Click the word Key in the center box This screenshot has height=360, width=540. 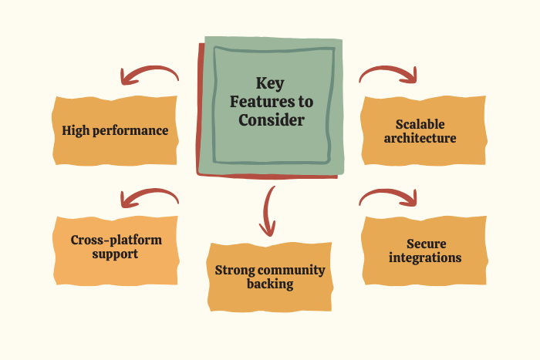tap(270, 83)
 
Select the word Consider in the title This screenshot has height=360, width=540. tap(271, 120)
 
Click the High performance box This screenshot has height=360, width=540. tap(115, 130)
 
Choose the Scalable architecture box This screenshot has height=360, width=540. tap(424, 131)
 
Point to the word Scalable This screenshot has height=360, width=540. tap(420, 123)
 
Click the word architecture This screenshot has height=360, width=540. tap(420, 139)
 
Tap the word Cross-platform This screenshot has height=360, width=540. tap(116, 239)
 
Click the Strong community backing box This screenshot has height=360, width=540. tap(270, 277)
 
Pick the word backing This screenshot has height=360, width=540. tap(270, 284)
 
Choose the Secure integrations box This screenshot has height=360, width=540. tap(424, 251)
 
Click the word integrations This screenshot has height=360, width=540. tap(424, 257)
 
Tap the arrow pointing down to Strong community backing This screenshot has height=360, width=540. tap(268, 210)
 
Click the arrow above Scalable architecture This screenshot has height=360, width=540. tap(389, 73)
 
